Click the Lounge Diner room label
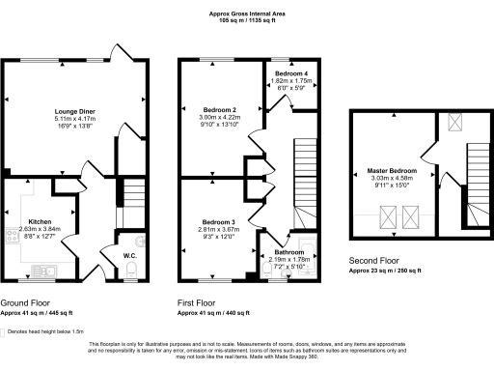74,112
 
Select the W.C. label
127,256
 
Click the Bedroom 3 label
218,222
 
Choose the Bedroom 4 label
290,74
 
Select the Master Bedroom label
391,171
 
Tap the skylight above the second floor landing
454,123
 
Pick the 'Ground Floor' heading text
27,302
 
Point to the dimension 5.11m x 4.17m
74,120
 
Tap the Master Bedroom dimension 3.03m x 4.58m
391,179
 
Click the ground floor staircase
130,198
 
